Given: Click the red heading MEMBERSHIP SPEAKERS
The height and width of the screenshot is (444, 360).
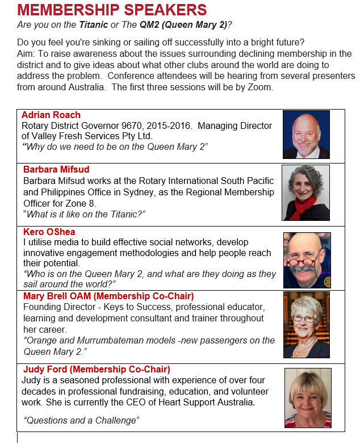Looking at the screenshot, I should tap(112, 10).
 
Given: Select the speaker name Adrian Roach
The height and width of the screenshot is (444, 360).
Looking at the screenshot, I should tap(51, 115).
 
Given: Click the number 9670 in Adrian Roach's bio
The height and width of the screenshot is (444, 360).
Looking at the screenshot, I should tap(144, 126).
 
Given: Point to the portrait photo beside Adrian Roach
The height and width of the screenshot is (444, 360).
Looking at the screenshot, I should tap(306, 135).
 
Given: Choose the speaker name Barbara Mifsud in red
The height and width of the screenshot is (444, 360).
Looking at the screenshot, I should tap(56, 169).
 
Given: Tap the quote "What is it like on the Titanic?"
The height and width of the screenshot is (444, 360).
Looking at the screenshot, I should tap(85, 213).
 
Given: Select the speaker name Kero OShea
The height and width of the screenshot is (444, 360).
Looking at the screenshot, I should tap(49, 232).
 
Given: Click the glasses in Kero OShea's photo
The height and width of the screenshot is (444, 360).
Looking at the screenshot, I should tap(305, 262).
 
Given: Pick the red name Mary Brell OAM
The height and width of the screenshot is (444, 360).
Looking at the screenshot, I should tap(66, 296).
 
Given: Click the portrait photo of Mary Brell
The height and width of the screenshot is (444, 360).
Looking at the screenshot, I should tap(306, 324).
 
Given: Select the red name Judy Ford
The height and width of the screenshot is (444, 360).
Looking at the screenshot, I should tap(47, 369).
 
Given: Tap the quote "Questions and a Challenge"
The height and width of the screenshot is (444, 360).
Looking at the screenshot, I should tap(81, 420).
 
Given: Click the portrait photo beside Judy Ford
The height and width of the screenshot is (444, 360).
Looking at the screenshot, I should tap(307, 398).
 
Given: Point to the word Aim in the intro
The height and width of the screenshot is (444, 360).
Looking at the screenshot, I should tap(26, 54).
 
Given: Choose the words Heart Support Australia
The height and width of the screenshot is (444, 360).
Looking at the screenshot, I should tap(206, 403).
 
